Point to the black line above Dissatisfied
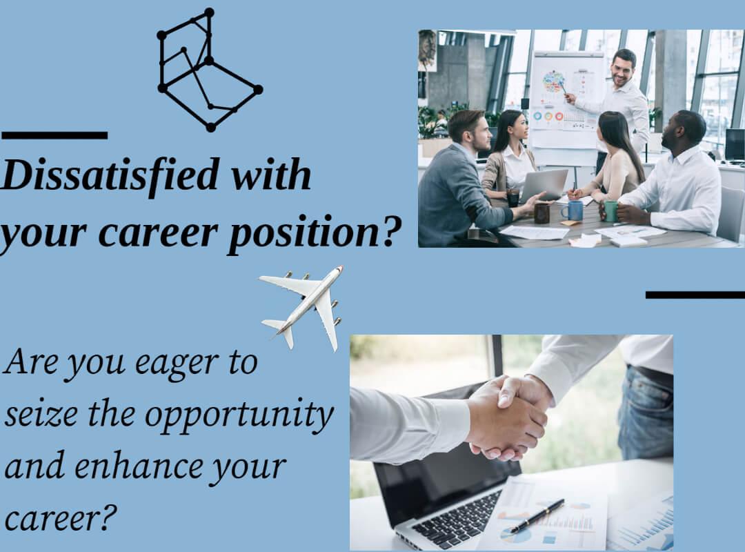(x=54, y=135)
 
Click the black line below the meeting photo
(x=695, y=295)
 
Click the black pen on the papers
(x=537, y=515)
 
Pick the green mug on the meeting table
(x=610, y=211)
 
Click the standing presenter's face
(x=624, y=69)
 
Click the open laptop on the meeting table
(x=543, y=185)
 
